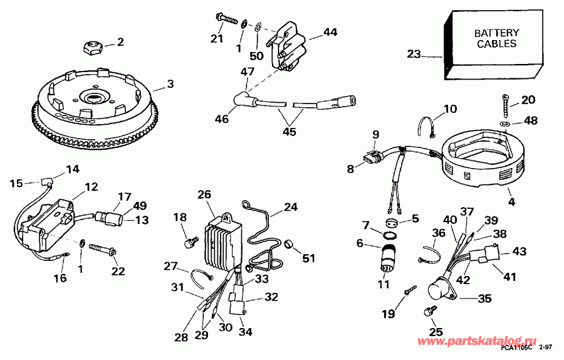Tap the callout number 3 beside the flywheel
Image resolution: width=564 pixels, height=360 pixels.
(x=170, y=83)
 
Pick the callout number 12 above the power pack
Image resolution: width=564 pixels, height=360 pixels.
(x=91, y=186)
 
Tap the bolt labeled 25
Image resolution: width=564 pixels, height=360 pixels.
(x=431, y=310)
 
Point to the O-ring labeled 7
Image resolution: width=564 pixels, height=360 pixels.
(x=389, y=236)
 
